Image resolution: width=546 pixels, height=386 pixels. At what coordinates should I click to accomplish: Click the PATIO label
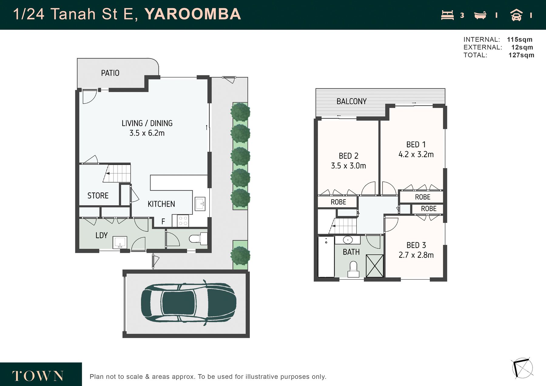click(110, 73)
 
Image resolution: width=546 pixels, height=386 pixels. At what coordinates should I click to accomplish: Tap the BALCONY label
click(352, 101)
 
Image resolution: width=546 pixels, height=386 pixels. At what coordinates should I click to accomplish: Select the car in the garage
click(189, 303)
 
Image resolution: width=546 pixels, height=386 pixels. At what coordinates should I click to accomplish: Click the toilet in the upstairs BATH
click(353, 270)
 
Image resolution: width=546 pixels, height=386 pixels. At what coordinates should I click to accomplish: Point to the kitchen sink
click(200, 204)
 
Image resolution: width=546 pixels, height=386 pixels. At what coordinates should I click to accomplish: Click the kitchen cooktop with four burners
click(183, 220)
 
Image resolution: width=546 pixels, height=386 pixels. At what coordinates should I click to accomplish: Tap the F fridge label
click(163, 222)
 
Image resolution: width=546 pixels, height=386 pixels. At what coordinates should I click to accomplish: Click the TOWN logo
click(38, 376)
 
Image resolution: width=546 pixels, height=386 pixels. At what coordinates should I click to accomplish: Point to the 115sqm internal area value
click(520, 40)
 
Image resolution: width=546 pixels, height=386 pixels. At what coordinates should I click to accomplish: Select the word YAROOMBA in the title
click(193, 14)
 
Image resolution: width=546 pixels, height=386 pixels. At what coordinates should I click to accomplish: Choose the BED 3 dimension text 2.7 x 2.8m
click(416, 255)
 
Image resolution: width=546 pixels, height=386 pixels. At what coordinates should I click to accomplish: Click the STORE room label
click(98, 196)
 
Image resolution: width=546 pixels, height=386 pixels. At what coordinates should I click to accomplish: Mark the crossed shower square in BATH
click(375, 266)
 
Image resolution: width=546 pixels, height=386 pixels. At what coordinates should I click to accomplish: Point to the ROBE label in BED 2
click(339, 202)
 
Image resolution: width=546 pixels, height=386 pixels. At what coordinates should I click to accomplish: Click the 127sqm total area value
click(521, 55)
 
